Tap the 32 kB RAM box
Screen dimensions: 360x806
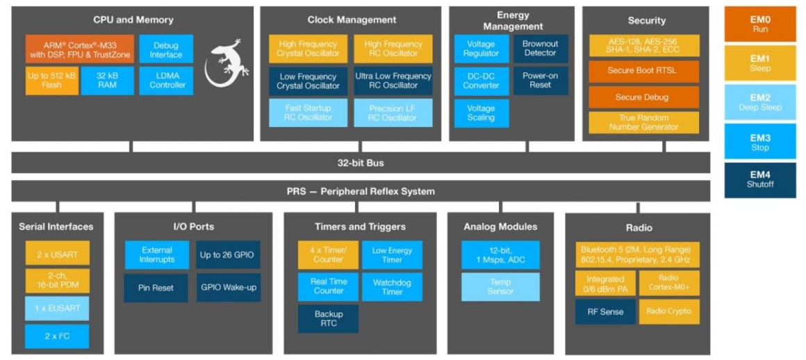click(x=107, y=80)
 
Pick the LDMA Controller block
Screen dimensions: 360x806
click(x=167, y=80)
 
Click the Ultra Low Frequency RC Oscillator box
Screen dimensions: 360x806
click(x=393, y=81)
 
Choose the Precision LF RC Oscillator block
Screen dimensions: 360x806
click(x=393, y=113)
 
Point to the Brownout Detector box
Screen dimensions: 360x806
click(x=540, y=49)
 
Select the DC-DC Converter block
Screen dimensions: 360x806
click(x=481, y=81)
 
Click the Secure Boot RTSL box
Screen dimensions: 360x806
click(x=643, y=71)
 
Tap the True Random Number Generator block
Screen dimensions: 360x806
click(x=643, y=122)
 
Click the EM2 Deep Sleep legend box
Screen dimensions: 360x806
click(x=759, y=103)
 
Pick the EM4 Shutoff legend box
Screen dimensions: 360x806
click(x=759, y=179)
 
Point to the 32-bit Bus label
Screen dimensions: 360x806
click(x=360, y=163)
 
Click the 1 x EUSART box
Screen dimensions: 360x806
click(x=57, y=308)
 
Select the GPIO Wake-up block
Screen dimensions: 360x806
click(x=227, y=287)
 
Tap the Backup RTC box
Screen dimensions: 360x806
click(x=329, y=319)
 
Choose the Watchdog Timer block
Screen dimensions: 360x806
click(x=392, y=287)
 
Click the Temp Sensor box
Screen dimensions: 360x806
click(x=500, y=286)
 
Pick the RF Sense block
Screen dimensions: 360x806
click(x=604, y=311)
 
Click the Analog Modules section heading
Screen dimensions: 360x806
click(x=500, y=227)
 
